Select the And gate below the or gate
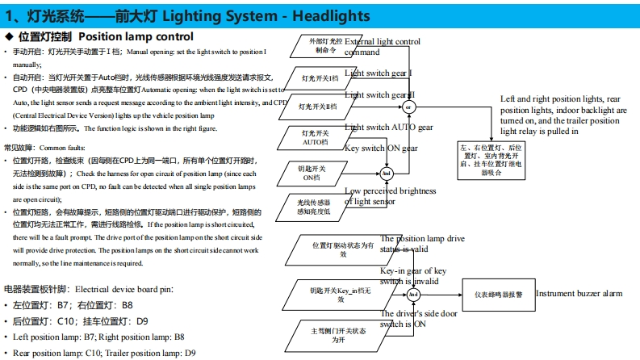pos(386,174)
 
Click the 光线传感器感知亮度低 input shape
pos(317,206)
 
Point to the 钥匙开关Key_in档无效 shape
pos(339,294)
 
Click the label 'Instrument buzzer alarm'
pos(579,295)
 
